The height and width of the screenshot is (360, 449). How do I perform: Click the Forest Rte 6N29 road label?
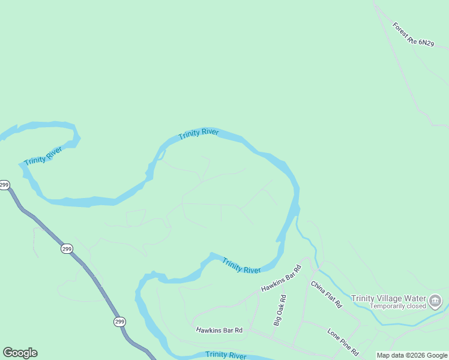[x=412, y=34]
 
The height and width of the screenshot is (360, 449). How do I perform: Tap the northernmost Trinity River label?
[x=199, y=134]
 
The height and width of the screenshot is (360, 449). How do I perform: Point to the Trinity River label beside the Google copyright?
[x=226, y=355]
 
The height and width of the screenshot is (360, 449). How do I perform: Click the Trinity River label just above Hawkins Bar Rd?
[x=241, y=266]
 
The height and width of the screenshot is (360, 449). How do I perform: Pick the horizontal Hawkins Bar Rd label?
[x=219, y=330]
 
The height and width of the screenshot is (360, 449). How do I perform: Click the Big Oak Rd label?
[x=279, y=310]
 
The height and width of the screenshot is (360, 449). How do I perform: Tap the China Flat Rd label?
[x=326, y=294]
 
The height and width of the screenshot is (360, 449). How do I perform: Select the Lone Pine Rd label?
[x=343, y=341]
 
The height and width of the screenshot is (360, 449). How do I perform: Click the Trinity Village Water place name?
[x=388, y=298]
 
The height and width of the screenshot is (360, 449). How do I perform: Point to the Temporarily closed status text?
[x=397, y=306]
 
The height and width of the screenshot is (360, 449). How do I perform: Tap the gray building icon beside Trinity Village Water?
[x=436, y=300]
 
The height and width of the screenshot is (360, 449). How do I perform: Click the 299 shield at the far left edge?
[x=4, y=185]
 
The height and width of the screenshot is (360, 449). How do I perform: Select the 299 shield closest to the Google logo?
[x=119, y=322]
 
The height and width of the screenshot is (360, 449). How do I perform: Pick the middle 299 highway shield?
[x=66, y=248]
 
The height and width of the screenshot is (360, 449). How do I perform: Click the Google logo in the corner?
[x=20, y=353]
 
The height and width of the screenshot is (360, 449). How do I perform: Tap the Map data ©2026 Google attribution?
[x=412, y=355]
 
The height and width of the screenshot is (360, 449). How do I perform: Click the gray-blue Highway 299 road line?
[x=90, y=273]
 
